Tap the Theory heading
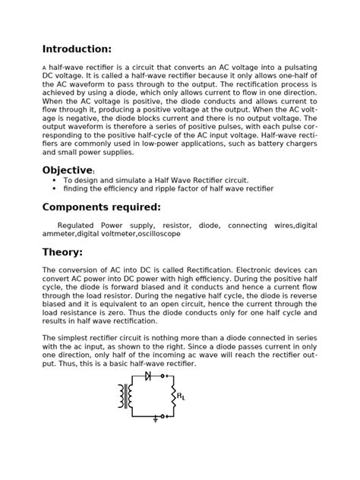pyautogui.click(x=62, y=252)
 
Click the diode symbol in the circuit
pyautogui.click(x=147, y=376)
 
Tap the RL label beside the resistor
pyautogui.click(x=181, y=396)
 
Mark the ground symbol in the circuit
pyautogui.click(x=156, y=418)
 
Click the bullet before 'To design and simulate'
pyautogui.click(x=54, y=180)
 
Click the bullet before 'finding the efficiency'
pyautogui.click(x=54, y=188)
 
